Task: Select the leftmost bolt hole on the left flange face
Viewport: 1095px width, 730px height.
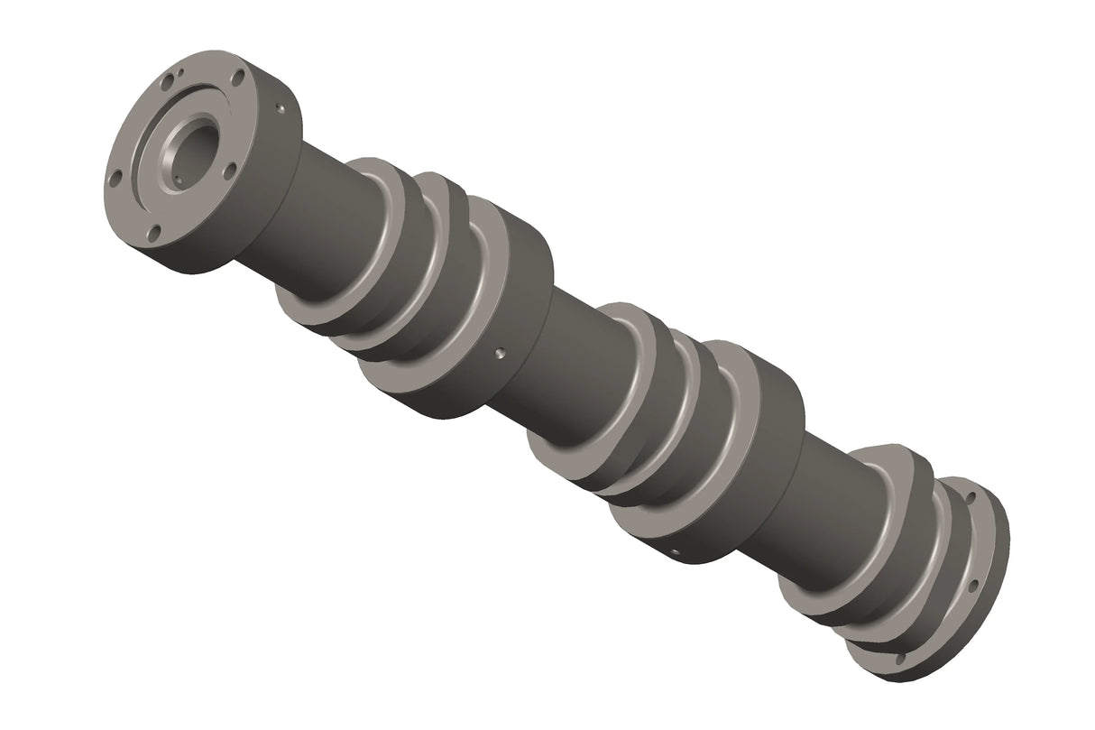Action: [115, 180]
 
